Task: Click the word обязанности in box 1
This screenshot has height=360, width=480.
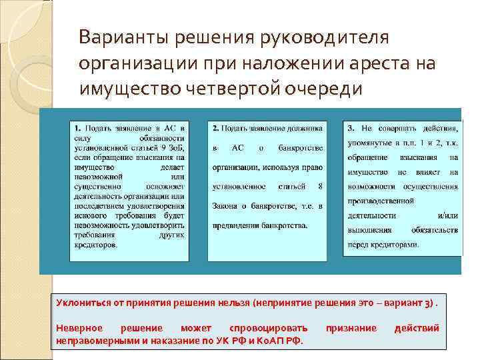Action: [x=163, y=137]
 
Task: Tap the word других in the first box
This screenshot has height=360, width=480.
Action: [x=169, y=235]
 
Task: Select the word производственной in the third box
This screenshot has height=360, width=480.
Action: [x=381, y=199]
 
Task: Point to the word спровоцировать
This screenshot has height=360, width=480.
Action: [x=268, y=328]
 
